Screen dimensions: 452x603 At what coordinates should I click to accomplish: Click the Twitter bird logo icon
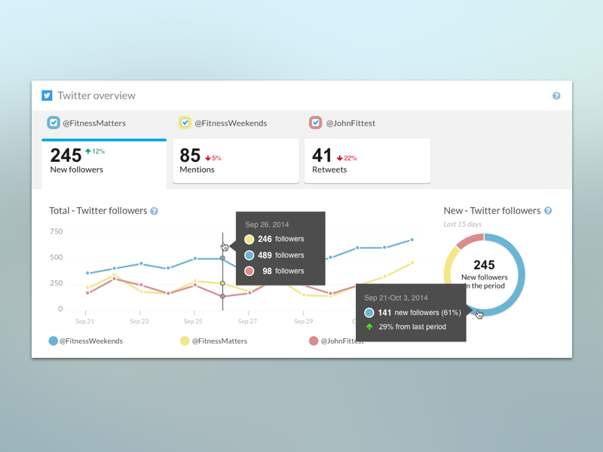click(x=47, y=96)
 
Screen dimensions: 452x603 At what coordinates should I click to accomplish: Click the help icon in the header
click(x=556, y=96)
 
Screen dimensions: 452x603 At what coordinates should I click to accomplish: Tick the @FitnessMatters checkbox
click(x=54, y=123)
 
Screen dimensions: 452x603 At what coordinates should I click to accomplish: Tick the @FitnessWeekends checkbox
click(x=185, y=123)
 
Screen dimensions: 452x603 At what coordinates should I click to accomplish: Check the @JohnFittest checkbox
click(x=316, y=123)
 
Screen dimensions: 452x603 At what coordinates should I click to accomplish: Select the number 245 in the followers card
click(x=66, y=155)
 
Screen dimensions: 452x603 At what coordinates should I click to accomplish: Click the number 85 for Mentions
click(x=190, y=155)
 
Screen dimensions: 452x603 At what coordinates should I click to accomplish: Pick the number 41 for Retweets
click(x=322, y=155)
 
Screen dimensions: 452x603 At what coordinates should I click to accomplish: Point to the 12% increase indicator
click(x=95, y=151)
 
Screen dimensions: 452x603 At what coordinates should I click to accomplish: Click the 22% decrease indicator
click(x=347, y=158)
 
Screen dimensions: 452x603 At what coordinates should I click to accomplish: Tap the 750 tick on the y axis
click(x=56, y=231)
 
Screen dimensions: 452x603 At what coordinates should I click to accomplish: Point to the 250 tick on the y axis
click(x=56, y=283)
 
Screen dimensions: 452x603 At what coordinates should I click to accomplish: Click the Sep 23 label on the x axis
click(x=139, y=322)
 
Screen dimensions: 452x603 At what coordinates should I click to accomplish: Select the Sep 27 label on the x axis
click(x=249, y=322)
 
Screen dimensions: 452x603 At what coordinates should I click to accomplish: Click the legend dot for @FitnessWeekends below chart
click(x=54, y=341)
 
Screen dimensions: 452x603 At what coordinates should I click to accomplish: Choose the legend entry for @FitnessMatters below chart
click(x=219, y=341)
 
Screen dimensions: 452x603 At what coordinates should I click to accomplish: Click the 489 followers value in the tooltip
click(x=265, y=255)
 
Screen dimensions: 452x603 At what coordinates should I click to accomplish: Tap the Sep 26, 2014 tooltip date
click(x=268, y=224)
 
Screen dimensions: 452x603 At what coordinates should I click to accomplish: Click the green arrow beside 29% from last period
click(x=369, y=327)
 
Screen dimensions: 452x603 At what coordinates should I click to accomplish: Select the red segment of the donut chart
click(x=470, y=240)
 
